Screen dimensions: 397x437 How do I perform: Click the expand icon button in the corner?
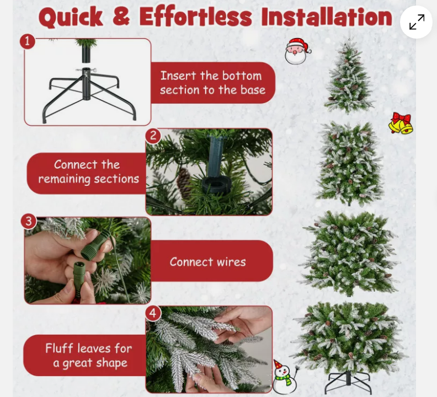[x=417, y=22]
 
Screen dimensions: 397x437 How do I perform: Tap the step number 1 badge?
[x=28, y=41]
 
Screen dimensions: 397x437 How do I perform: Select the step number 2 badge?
[x=153, y=136]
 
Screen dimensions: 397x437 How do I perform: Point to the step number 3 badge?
[x=28, y=222]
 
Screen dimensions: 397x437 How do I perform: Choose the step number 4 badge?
[x=153, y=313]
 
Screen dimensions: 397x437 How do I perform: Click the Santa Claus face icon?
[x=297, y=51]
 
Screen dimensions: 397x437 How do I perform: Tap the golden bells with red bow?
[x=401, y=124]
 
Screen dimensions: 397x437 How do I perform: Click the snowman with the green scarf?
[x=284, y=377]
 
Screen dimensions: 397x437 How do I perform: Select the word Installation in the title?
[x=327, y=18]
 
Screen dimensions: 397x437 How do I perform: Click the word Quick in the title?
[x=71, y=18]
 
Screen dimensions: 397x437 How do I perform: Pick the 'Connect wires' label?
[x=208, y=262]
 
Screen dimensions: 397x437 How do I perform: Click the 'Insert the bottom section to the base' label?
[x=212, y=83]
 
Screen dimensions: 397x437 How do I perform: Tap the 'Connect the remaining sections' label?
[x=88, y=172]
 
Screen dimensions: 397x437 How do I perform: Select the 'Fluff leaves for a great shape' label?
[x=88, y=356]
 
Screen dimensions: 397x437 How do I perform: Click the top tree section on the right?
[x=348, y=77]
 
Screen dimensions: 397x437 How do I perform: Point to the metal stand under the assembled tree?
[x=347, y=381]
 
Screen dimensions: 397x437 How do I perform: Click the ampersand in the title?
[x=121, y=18]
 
